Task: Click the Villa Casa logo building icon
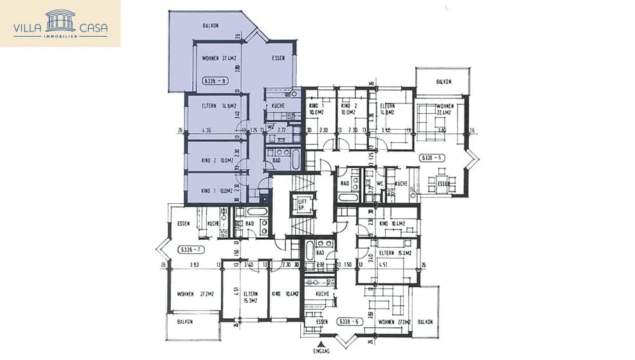click(60, 20)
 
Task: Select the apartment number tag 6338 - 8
click(215, 81)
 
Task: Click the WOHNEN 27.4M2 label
click(219, 58)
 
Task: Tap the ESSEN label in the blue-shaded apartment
click(278, 58)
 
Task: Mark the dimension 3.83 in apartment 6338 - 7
click(195, 264)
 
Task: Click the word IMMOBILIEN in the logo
click(60, 37)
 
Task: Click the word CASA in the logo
click(94, 28)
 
